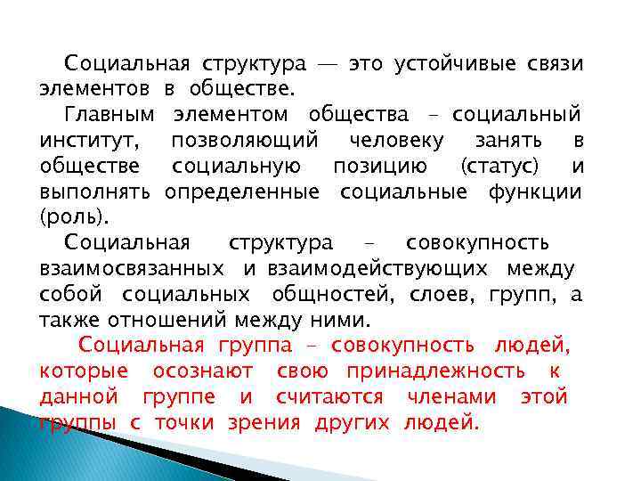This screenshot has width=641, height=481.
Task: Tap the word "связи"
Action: [553, 64]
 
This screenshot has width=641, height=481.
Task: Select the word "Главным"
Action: [109, 115]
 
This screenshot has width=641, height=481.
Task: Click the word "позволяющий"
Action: [244, 141]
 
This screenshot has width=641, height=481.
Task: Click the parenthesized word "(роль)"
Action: [67, 217]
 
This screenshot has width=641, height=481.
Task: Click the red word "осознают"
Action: [202, 371]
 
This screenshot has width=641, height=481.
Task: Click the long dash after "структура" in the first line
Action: [327, 65]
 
